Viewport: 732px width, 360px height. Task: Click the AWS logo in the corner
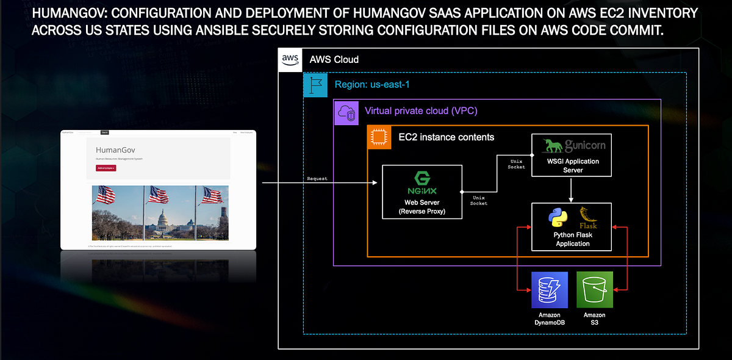[290, 60]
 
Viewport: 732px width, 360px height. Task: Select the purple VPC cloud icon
[346, 113]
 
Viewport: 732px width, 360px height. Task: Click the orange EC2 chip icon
[379, 138]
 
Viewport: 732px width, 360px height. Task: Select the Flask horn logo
[588, 217]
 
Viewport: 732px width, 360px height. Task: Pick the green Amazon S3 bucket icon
[595, 290]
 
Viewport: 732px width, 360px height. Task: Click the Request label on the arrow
[317, 179]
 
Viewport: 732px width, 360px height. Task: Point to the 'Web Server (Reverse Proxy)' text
[422, 207]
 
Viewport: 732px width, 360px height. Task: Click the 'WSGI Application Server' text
[573, 165]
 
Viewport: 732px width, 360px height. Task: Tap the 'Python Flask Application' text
[573, 239]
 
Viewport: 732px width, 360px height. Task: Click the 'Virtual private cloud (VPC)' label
[421, 111]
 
